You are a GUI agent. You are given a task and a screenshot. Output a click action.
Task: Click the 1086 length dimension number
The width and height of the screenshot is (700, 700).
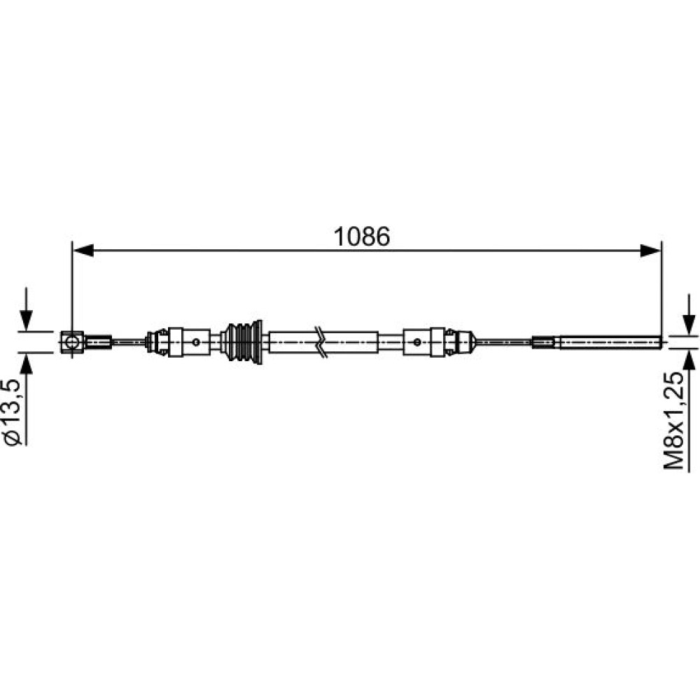(362, 237)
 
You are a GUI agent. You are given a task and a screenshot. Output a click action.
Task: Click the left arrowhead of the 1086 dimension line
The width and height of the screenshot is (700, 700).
(83, 251)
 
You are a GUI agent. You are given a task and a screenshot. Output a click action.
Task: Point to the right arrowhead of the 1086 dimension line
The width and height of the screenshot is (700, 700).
(650, 251)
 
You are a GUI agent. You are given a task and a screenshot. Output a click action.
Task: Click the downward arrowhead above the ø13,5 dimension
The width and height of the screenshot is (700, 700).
(27, 320)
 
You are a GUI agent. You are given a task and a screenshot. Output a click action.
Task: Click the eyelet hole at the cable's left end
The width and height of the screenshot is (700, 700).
(71, 342)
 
